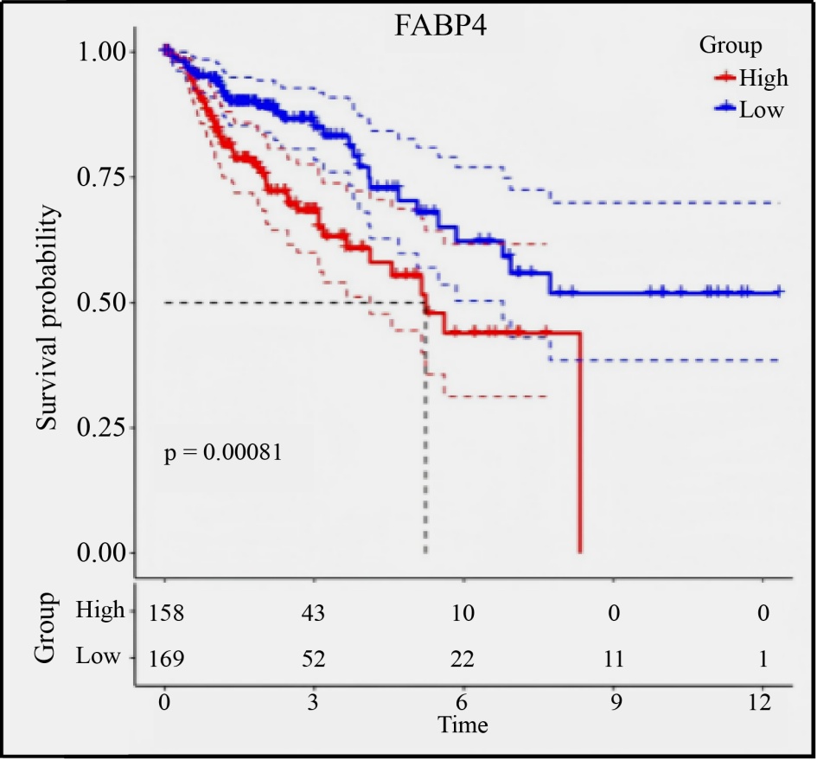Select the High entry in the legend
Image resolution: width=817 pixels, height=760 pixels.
click(x=763, y=79)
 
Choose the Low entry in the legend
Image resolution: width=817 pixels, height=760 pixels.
click(x=761, y=110)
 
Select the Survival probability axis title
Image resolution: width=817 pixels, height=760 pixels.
click(x=49, y=319)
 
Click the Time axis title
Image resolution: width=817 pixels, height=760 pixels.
click(x=463, y=725)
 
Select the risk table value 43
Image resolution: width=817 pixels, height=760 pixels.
click(x=314, y=612)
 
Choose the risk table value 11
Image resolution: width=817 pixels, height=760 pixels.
click(x=612, y=659)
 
